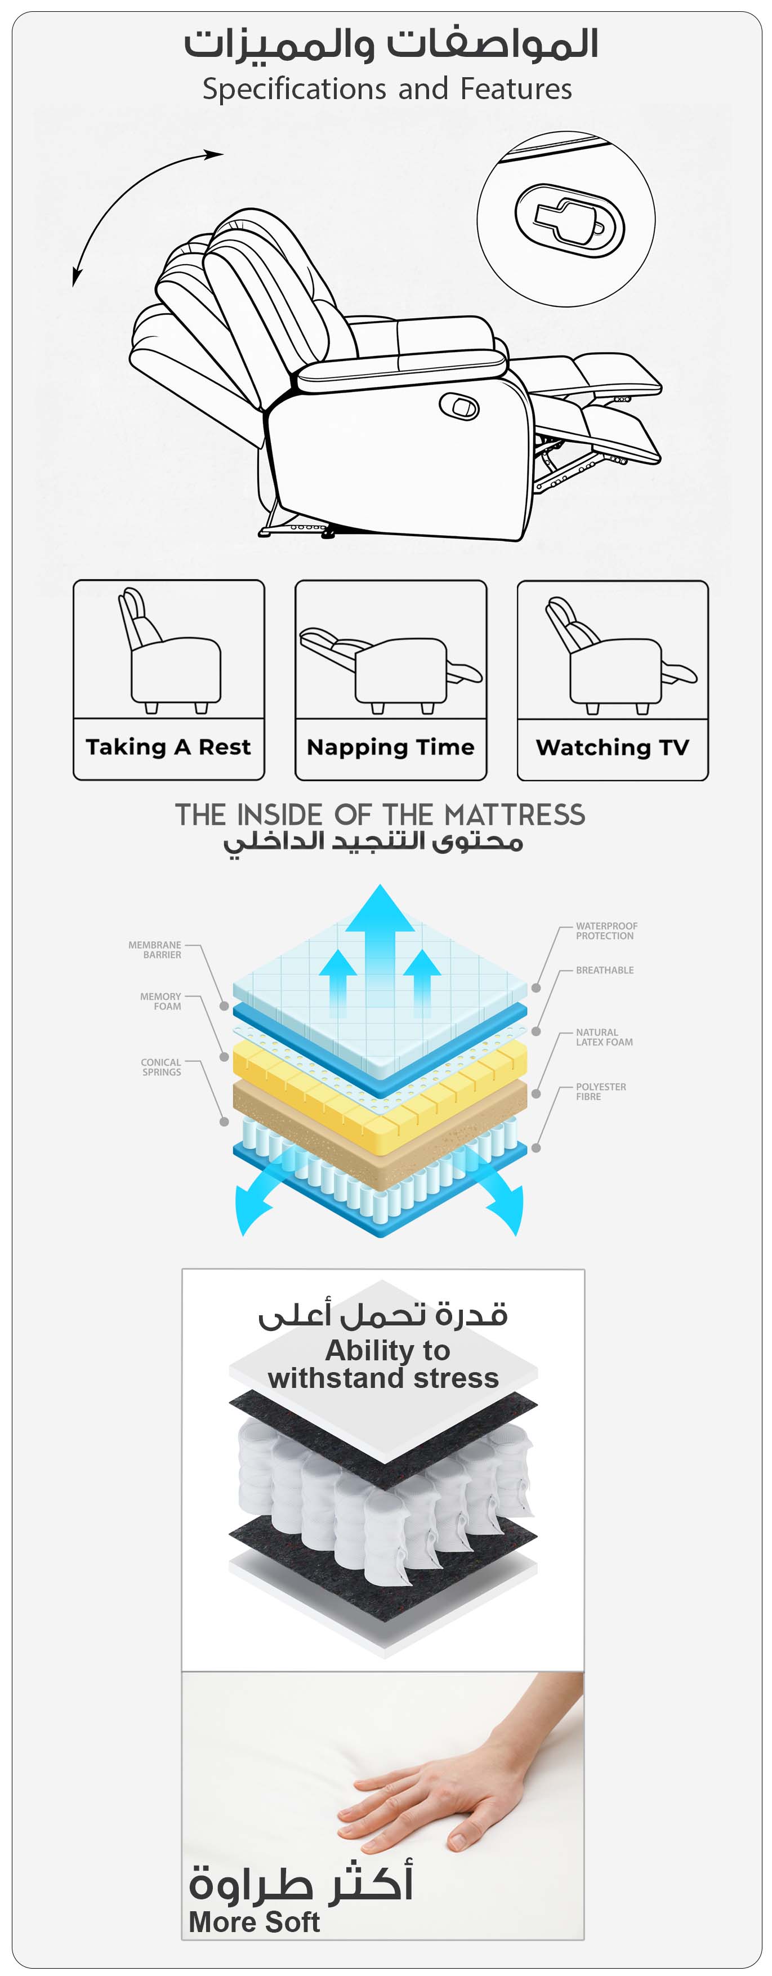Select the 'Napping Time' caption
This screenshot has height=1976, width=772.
point(390,746)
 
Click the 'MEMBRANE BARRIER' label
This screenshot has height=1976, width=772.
point(155,950)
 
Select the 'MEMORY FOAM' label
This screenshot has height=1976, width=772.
point(161,1001)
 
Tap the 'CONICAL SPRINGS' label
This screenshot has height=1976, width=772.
point(161,1067)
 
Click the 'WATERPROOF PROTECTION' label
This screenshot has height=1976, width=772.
point(606,931)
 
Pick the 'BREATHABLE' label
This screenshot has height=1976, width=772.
point(604,969)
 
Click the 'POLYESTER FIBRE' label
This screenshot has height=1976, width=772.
point(600,1091)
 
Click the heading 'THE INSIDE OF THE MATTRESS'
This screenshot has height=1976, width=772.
point(380,814)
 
